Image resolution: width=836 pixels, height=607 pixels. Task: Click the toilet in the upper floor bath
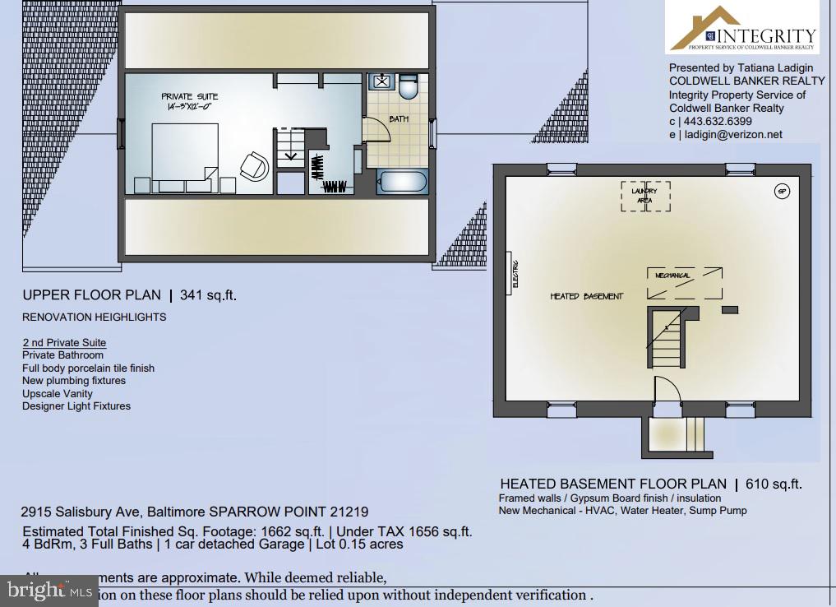(409, 85)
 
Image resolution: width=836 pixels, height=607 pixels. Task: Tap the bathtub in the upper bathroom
(402, 182)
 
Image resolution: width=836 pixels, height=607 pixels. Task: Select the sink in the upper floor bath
(382, 81)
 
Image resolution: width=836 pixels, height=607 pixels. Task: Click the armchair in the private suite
(255, 166)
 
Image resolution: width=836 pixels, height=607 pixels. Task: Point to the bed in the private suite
(184, 156)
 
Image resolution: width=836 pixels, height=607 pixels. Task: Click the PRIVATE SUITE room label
(190, 96)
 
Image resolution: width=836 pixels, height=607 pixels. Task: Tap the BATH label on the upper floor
(399, 119)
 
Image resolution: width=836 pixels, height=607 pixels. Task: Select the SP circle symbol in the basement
(782, 192)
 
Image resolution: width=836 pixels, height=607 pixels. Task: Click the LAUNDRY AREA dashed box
(644, 196)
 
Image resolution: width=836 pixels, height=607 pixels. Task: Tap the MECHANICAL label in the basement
(672, 275)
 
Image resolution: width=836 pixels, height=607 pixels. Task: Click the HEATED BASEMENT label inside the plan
(586, 296)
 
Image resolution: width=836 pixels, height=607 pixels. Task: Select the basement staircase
(667, 337)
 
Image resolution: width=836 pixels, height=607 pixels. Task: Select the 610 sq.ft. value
(774, 484)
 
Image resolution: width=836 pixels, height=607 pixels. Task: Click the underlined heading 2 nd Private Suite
(64, 342)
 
